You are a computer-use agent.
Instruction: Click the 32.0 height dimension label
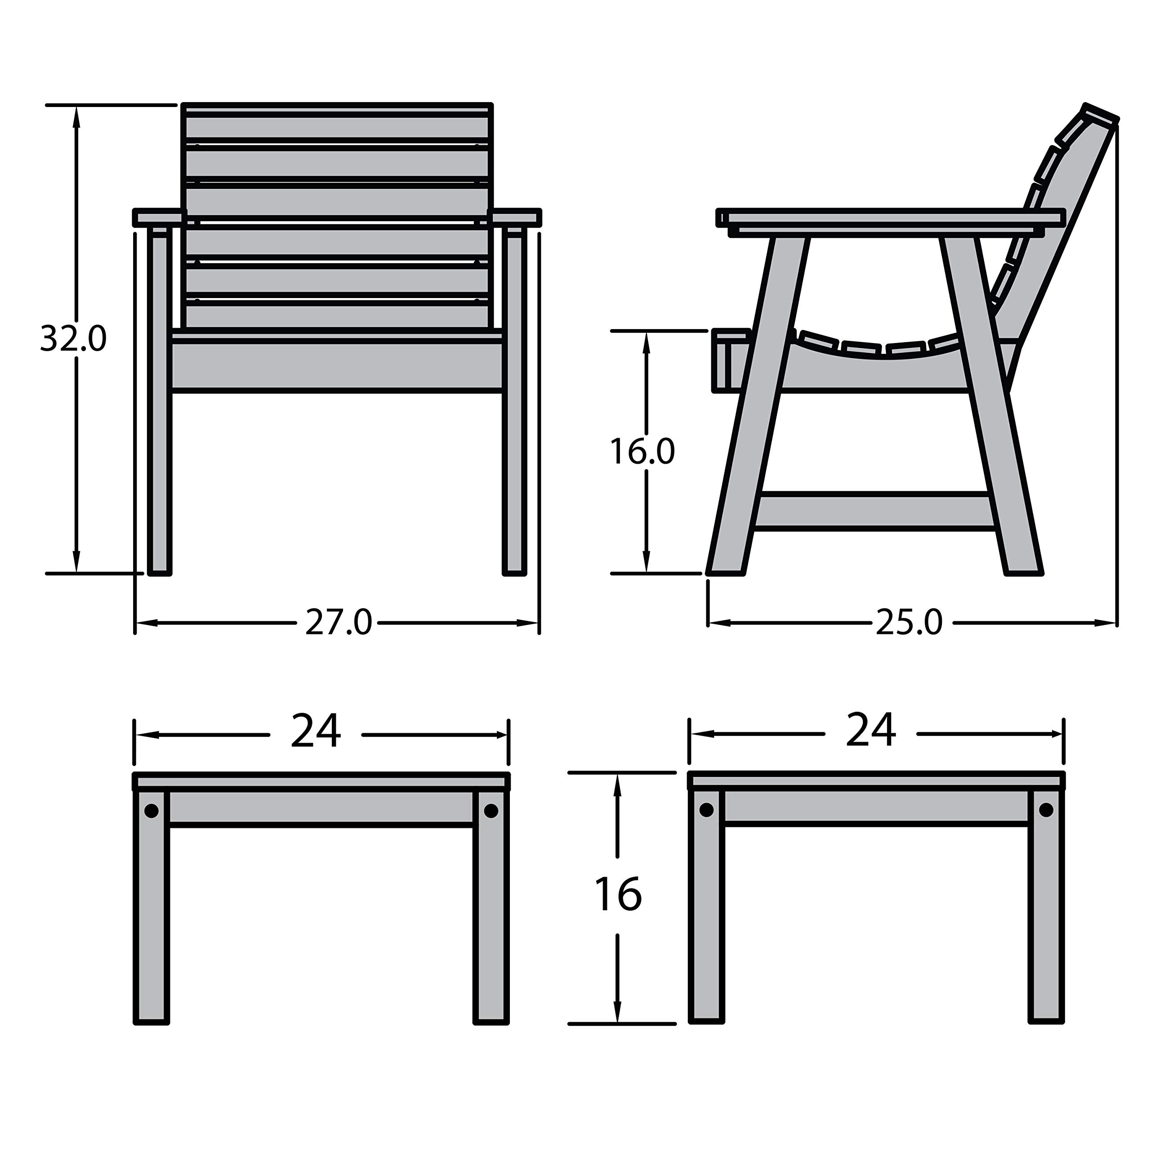(x=73, y=339)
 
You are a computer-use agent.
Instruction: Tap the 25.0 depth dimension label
(x=909, y=623)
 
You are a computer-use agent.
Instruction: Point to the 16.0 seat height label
(x=642, y=451)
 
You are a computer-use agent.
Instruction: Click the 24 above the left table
(x=316, y=731)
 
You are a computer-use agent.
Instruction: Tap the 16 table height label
(x=618, y=894)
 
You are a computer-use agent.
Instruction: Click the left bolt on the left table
(x=152, y=811)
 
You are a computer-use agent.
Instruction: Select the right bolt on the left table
(x=491, y=811)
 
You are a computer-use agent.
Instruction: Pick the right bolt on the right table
(x=1046, y=810)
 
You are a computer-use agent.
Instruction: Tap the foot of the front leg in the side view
(x=726, y=569)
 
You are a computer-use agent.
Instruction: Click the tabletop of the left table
(x=321, y=781)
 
